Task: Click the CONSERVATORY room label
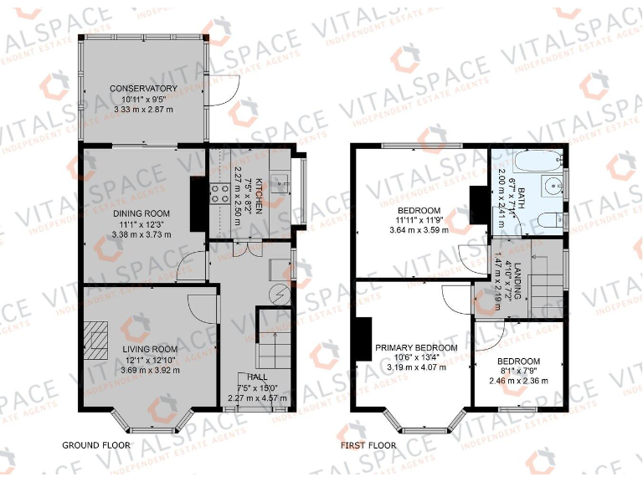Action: (x=142, y=88)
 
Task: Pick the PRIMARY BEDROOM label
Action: (x=416, y=347)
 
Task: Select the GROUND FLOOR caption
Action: (x=96, y=445)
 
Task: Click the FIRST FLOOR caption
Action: (x=368, y=445)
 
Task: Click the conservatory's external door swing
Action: (x=222, y=93)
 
